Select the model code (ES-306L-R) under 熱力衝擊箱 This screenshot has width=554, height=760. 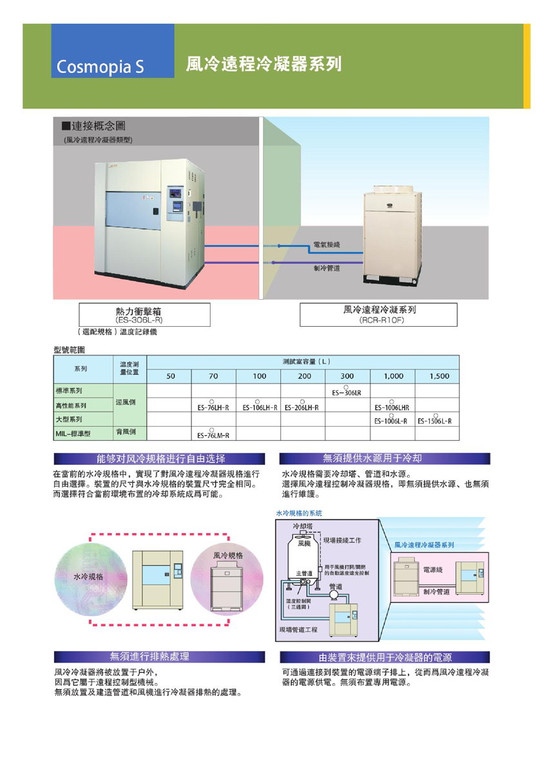click(138, 320)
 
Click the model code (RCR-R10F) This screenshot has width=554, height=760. click(382, 320)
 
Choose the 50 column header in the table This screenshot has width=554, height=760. click(170, 376)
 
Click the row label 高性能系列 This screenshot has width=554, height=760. click(71, 406)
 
